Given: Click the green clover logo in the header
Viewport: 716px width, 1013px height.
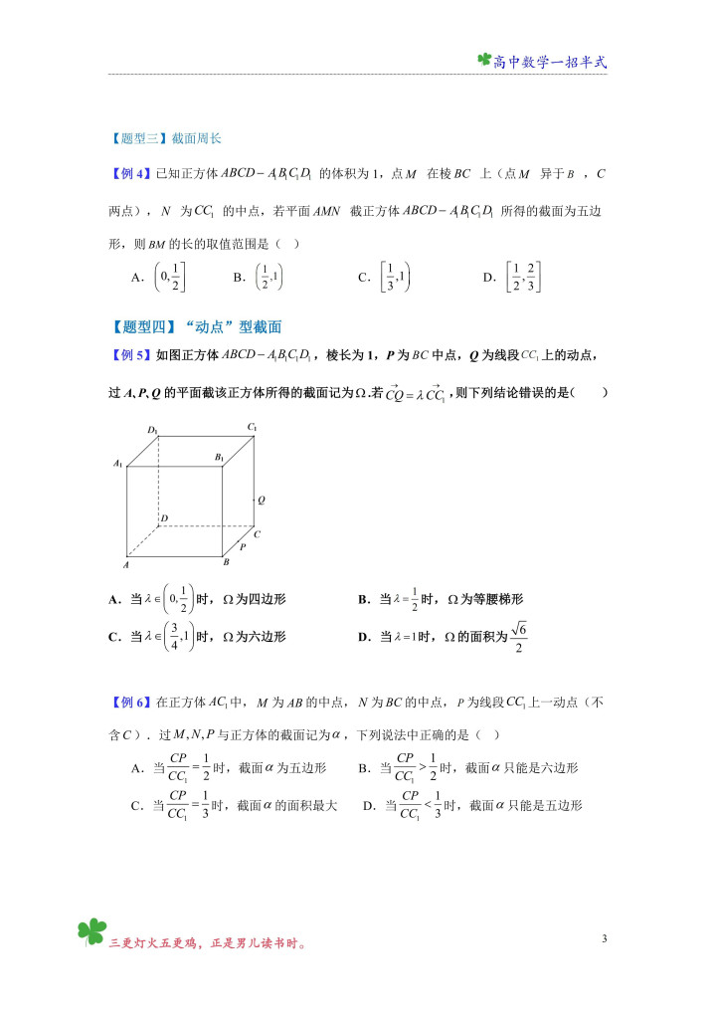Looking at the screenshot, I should [x=484, y=61].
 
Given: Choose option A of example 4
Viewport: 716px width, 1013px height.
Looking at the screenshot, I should [x=159, y=278].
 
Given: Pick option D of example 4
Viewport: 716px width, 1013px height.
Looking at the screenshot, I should [x=515, y=278].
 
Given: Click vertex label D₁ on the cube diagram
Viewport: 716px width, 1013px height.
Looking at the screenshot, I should [x=153, y=430].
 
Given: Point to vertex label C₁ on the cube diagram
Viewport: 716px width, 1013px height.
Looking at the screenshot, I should [x=254, y=427].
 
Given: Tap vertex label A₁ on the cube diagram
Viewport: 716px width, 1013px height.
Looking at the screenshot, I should [x=117, y=463].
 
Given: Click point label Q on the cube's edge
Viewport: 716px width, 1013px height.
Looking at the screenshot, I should [x=261, y=501].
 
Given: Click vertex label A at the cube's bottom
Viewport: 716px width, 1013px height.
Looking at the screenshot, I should [x=125, y=564].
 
